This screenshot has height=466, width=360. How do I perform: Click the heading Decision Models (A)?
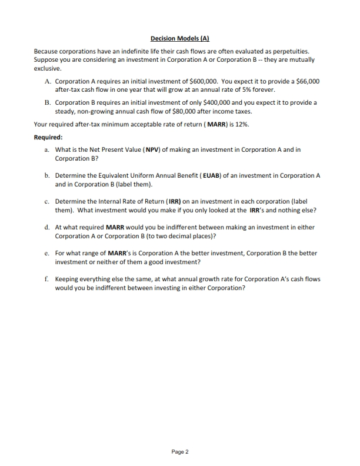pos(180,38)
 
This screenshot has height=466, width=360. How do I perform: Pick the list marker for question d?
pos(46,227)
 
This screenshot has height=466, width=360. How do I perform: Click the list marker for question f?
pos(46,278)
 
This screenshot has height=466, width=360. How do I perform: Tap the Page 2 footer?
pos(179,452)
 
